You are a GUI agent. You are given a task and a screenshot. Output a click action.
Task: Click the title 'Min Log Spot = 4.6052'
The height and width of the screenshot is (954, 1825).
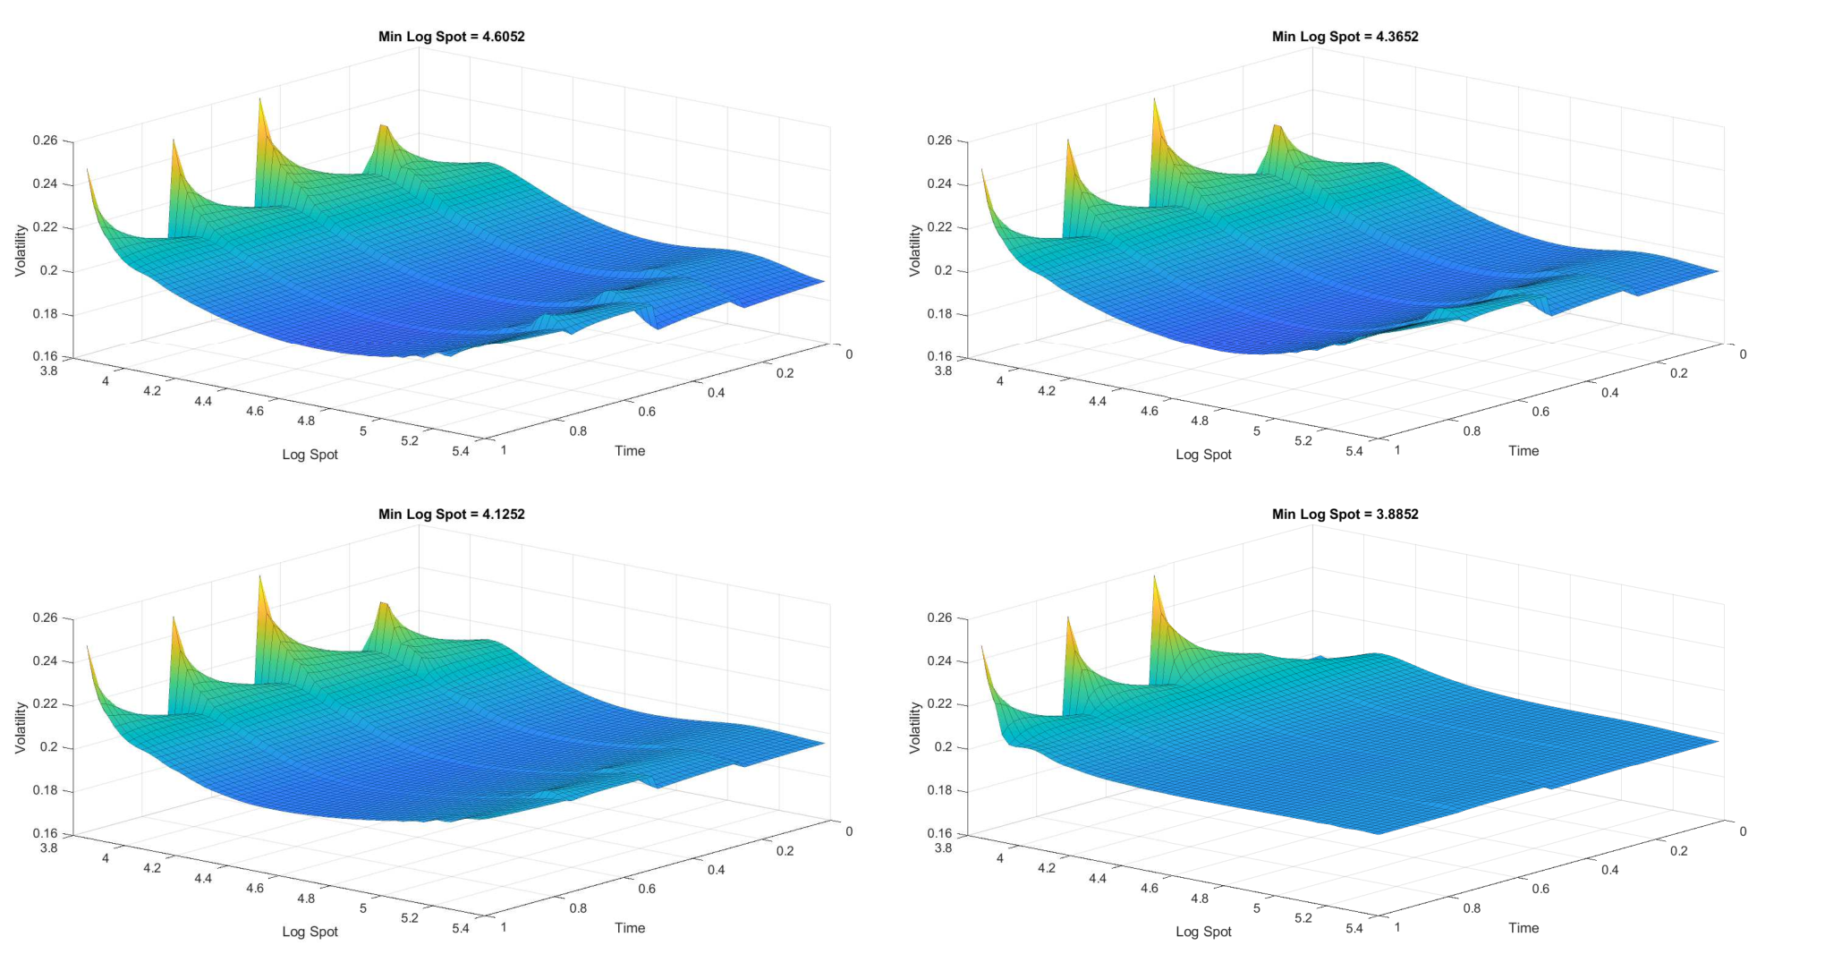pyautogui.click(x=451, y=37)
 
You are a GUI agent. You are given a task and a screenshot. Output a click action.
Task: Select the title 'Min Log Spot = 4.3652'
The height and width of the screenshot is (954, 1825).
pyautogui.click(x=1345, y=37)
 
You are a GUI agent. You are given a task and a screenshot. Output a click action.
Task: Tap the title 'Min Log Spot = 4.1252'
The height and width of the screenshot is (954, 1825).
pyautogui.click(x=451, y=514)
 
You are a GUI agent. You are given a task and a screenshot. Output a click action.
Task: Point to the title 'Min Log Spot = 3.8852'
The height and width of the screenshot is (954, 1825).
pyautogui.click(x=1345, y=514)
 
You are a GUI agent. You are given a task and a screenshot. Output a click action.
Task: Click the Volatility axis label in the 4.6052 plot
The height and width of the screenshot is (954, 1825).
pyautogui.click(x=21, y=251)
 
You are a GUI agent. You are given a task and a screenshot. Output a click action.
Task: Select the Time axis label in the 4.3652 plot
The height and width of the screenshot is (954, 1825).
pyautogui.click(x=1524, y=451)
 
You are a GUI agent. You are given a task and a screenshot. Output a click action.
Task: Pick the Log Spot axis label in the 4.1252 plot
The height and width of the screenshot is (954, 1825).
pyautogui.click(x=310, y=932)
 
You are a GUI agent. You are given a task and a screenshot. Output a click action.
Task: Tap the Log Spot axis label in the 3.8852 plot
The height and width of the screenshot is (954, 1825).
pyautogui.click(x=1203, y=932)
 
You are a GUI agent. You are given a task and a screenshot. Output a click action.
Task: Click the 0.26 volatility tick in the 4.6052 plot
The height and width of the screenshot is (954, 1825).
pyautogui.click(x=46, y=141)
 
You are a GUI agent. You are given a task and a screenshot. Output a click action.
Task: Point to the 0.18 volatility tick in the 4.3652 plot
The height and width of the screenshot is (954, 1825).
pyautogui.click(x=939, y=314)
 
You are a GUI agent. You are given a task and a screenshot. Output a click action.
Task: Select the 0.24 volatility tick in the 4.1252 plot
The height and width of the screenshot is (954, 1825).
pyautogui.click(x=46, y=661)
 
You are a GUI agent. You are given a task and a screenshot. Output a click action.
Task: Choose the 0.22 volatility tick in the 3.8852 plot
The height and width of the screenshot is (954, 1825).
pyautogui.click(x=939, y=704)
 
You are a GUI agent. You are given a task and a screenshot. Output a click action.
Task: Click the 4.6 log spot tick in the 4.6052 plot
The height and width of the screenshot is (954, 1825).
pyautogui.click(x=255, y=411)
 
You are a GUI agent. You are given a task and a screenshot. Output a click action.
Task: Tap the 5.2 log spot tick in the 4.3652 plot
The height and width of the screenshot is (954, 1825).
pyautogui.click(x=1303, y=440)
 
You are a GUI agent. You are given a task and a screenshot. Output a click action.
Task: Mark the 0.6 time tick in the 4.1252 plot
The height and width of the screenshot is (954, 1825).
pyautogui.click(x=647, y=889)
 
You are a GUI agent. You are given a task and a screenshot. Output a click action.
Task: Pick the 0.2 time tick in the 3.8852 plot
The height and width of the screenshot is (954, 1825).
pyautogui.click(x=1678, y=850)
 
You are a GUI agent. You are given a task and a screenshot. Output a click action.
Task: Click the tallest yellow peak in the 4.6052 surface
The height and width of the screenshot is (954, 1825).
pyautogui.click(x=260, y=100)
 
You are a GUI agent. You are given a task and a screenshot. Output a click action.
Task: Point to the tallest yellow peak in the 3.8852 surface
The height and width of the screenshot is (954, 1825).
pyautogui.click(x=1154, y=577)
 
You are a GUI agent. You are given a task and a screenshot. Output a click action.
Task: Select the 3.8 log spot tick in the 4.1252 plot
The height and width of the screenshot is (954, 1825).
pyautogui.click(x=48, y=848)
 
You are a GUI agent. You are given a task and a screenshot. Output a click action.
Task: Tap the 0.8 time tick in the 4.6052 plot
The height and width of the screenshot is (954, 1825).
pyautogui.click(x=578, y=431)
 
